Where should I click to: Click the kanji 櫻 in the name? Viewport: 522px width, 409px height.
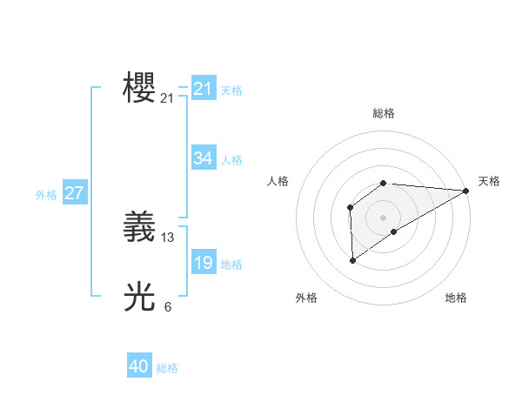(139, 89)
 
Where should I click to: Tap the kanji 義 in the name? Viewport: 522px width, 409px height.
(139, 227)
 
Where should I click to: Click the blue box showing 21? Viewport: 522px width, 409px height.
(203, 89)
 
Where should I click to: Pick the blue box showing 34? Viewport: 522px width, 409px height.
(203, 158)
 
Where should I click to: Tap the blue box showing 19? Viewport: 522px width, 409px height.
(203, 263)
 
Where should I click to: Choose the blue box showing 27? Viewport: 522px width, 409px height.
(74, 193)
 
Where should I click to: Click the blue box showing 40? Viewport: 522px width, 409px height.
(138, 366)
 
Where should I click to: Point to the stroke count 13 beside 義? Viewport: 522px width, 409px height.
(168, 237)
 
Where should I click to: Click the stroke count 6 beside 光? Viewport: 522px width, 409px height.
(168, 306)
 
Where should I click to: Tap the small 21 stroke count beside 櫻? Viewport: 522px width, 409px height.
(168, 98)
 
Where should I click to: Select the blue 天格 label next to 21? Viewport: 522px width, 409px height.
(231, 90)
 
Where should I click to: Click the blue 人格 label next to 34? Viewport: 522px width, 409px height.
(231, 160)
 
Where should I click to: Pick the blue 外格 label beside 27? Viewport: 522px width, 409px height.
(46, 195)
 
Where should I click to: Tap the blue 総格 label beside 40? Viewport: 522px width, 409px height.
(167, 368)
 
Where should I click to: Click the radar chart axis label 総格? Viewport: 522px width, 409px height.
(384, 113)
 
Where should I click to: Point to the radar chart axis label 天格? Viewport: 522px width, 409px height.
(489, 181)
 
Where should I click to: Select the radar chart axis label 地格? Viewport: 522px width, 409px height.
(456, 298)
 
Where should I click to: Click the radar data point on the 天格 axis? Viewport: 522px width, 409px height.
(465, 191)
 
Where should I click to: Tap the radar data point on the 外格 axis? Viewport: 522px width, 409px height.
(352, 260)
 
